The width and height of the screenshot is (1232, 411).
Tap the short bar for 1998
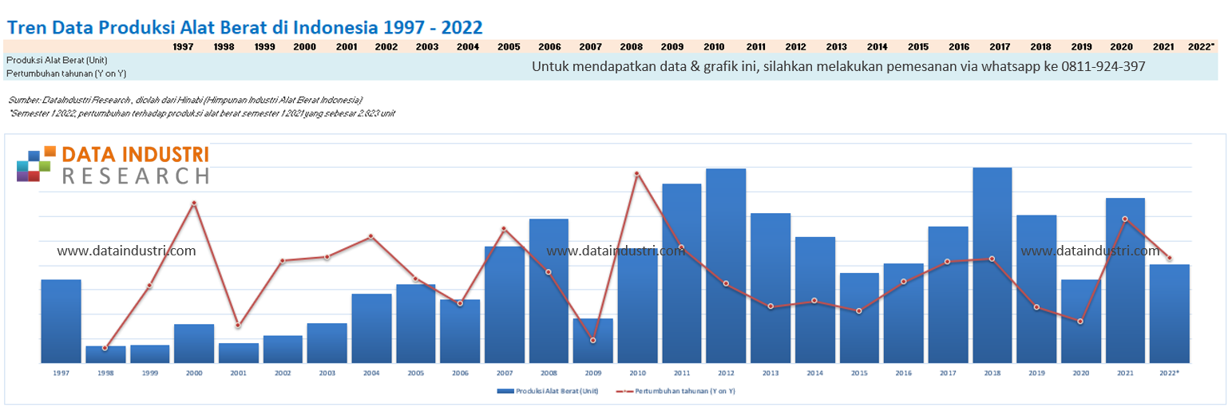[105, 354]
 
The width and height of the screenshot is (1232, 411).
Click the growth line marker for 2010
[636, 173]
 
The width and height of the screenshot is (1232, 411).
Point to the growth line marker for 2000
[194, 203]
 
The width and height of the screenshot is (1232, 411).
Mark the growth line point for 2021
[1125, 219]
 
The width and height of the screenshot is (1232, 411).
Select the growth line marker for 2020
[1080, 321]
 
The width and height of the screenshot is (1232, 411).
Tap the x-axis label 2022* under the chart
[1169, 373]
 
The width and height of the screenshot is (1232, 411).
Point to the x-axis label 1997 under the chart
[61, 373]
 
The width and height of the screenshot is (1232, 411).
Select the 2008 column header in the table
[631, 46]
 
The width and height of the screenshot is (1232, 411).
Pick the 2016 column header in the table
[959, 46]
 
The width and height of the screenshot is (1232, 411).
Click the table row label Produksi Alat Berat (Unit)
[56, 60]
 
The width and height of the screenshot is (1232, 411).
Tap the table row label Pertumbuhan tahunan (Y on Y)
[65, 73]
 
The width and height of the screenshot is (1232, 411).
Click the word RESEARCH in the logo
[135, 176]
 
